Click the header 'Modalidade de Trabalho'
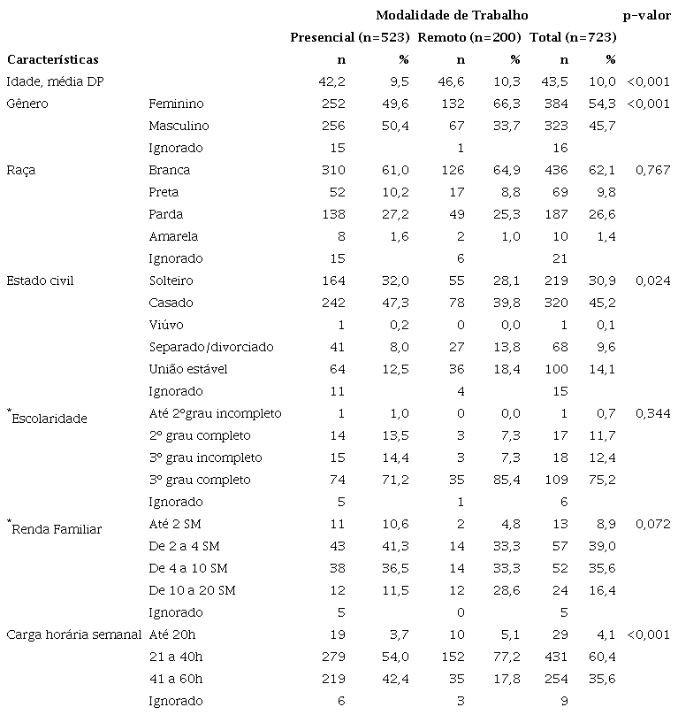click(x=452, y=15)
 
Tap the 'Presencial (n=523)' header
click(x=350, y=37)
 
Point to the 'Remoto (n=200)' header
click(x=469, y=37)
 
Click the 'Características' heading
click(x=52, y=59)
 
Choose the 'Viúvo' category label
click(x=166, y=325)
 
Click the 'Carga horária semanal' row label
click(x=72, y=634)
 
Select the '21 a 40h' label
click(x=175, y=657)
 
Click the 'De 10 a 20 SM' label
click(x=193, y=590)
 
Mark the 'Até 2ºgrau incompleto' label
click(x=215, y=413)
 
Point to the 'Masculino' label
click(x=178, y=126)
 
